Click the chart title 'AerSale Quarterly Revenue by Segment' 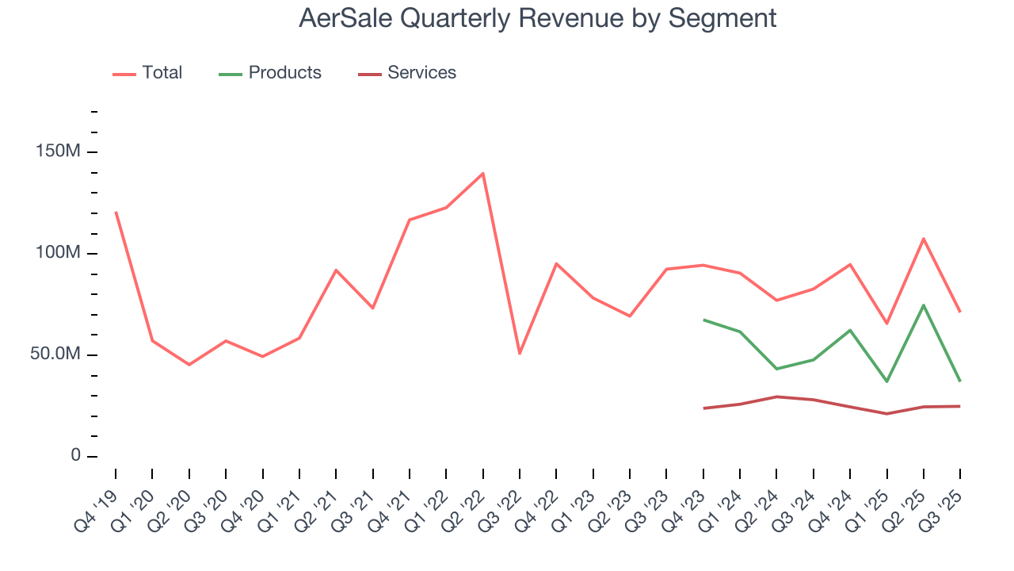537,18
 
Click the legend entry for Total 148,73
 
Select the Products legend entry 270,73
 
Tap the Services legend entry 407,73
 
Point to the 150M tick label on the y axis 58,151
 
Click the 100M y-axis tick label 58,253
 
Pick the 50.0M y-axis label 55,354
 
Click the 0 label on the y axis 75,456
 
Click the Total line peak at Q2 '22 482,174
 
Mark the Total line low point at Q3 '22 520,353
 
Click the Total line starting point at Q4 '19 116,213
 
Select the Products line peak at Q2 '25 924,305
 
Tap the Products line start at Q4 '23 703,320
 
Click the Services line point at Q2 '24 777,397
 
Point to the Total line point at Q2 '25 924,239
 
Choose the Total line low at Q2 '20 189,364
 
